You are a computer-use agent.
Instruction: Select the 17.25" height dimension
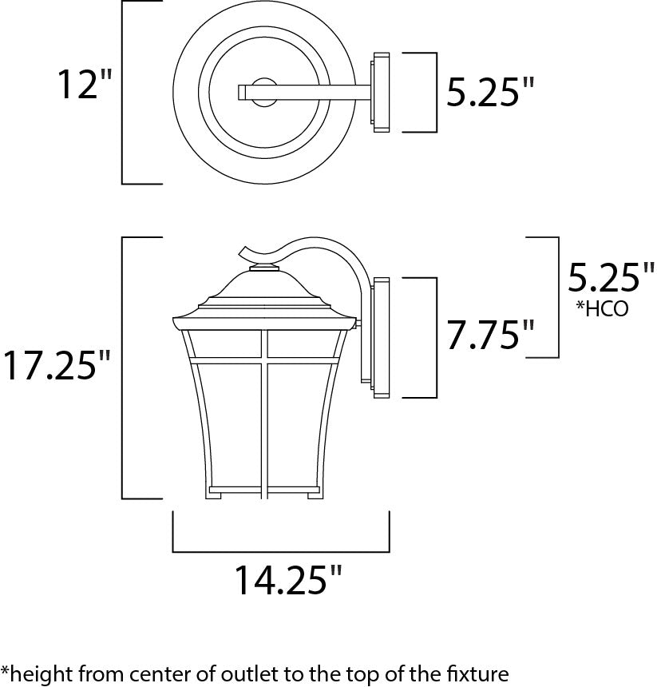(x=57, y=365)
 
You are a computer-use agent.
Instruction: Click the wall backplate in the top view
(x=379, y=92)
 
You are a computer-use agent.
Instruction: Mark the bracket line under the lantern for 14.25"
(x=281, y=550)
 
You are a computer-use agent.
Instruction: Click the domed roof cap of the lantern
(x=263, y=284)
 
